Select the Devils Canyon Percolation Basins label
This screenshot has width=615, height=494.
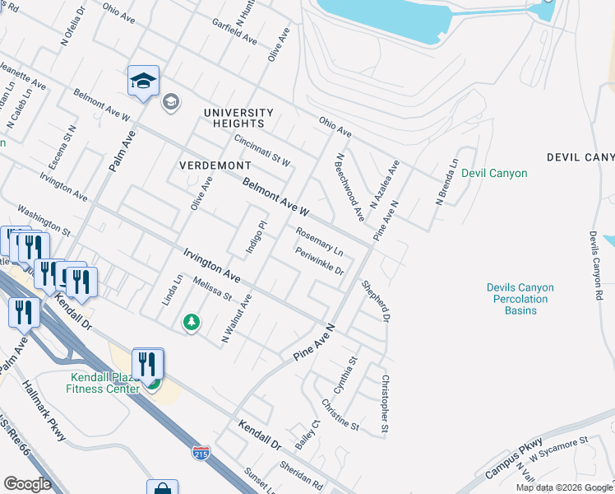(520, 299)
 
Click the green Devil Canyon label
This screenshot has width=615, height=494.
(494, 173)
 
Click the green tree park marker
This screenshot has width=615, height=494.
(191, 321)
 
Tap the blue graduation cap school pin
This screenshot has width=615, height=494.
(143, 82)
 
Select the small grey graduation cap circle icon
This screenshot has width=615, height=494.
(171, 101)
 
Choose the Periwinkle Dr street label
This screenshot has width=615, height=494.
(319, 262)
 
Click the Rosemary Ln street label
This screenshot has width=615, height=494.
(319, 241)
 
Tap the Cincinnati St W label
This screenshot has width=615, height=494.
(262, 151)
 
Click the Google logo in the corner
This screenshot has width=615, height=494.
(27, 483)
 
